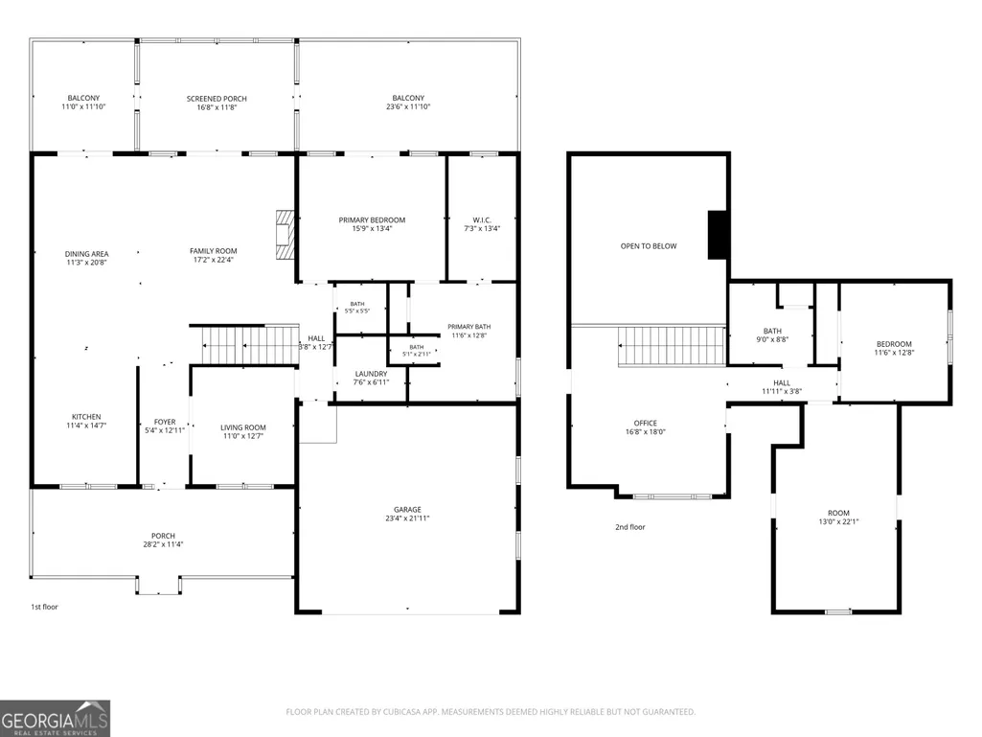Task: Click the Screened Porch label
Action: click(x=217, y=103)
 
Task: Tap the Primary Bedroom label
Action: click(x=372, y=224)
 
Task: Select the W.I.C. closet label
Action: click(x=482, y=224)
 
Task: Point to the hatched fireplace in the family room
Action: click(x=285, y=235)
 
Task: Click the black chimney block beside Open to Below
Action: click(x=717, y=235)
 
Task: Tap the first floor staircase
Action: click(x=250, y=345)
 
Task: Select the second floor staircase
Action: click(x=672, y=345)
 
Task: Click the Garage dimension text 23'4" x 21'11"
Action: click(x=407, y=518)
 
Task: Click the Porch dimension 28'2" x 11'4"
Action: click(x=163, y=544)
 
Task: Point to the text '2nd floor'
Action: click(x=630, y=527)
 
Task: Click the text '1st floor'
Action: click(x=44, y=607)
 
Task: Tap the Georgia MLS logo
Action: click(x=56, y=718)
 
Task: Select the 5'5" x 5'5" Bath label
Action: click(x=357, y=307)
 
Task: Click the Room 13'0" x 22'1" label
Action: click(x=838, y=517)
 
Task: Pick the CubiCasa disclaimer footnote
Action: click(x=491, y=712)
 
